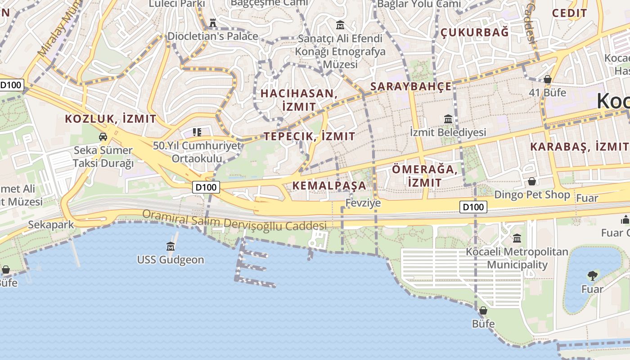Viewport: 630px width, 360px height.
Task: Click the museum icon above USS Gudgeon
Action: pyautogui.click(x=171, y=246)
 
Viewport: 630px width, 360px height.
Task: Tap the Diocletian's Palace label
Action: pyautogui.click(x=213, y=36)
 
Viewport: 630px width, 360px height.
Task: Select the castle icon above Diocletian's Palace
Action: pyautogui.click(x=213, y=22)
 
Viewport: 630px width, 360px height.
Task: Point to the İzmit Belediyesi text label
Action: pyautogui.click(x=448, y=132)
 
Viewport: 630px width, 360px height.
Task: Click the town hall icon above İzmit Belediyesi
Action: pyautogui.click(x=448, y=119)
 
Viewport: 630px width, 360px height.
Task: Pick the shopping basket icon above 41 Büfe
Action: pyautogui.click(x=548, y=79)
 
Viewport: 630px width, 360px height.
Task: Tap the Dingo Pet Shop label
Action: pyautogui.click(x=532, y=195)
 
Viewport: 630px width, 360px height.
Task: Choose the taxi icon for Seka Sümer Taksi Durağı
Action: pyautogui.click(x=103, y=137)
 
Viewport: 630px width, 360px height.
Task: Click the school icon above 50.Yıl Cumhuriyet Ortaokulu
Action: pyautogui.click(x=197, y=132)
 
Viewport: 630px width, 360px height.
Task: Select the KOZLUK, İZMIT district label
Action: pyautogui.click(x=111, y=119)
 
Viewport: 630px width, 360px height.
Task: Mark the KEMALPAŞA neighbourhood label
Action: pyautogui.click(x=329, y=185)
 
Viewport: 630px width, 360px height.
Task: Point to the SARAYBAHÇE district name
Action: pyautogui.click(x=410, y=87)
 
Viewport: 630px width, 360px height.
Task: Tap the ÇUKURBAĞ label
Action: pyautogui.click(x=474, y=32)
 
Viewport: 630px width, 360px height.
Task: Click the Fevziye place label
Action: pyautogui.click(x=363, y=203)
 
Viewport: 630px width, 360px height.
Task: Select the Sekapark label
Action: pyautogui.click(x=50, y=225)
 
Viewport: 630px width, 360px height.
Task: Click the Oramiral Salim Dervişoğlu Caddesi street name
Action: pyautogui.click(x=234, y=220)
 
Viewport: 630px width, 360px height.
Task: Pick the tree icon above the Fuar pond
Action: pyautogui.click(x=592, y=275)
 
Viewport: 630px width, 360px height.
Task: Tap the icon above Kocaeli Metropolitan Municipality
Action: pyautogui.click(x=517, y=238)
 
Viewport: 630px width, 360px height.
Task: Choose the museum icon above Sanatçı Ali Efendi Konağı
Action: pyautogui.click(x=340, y=25)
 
